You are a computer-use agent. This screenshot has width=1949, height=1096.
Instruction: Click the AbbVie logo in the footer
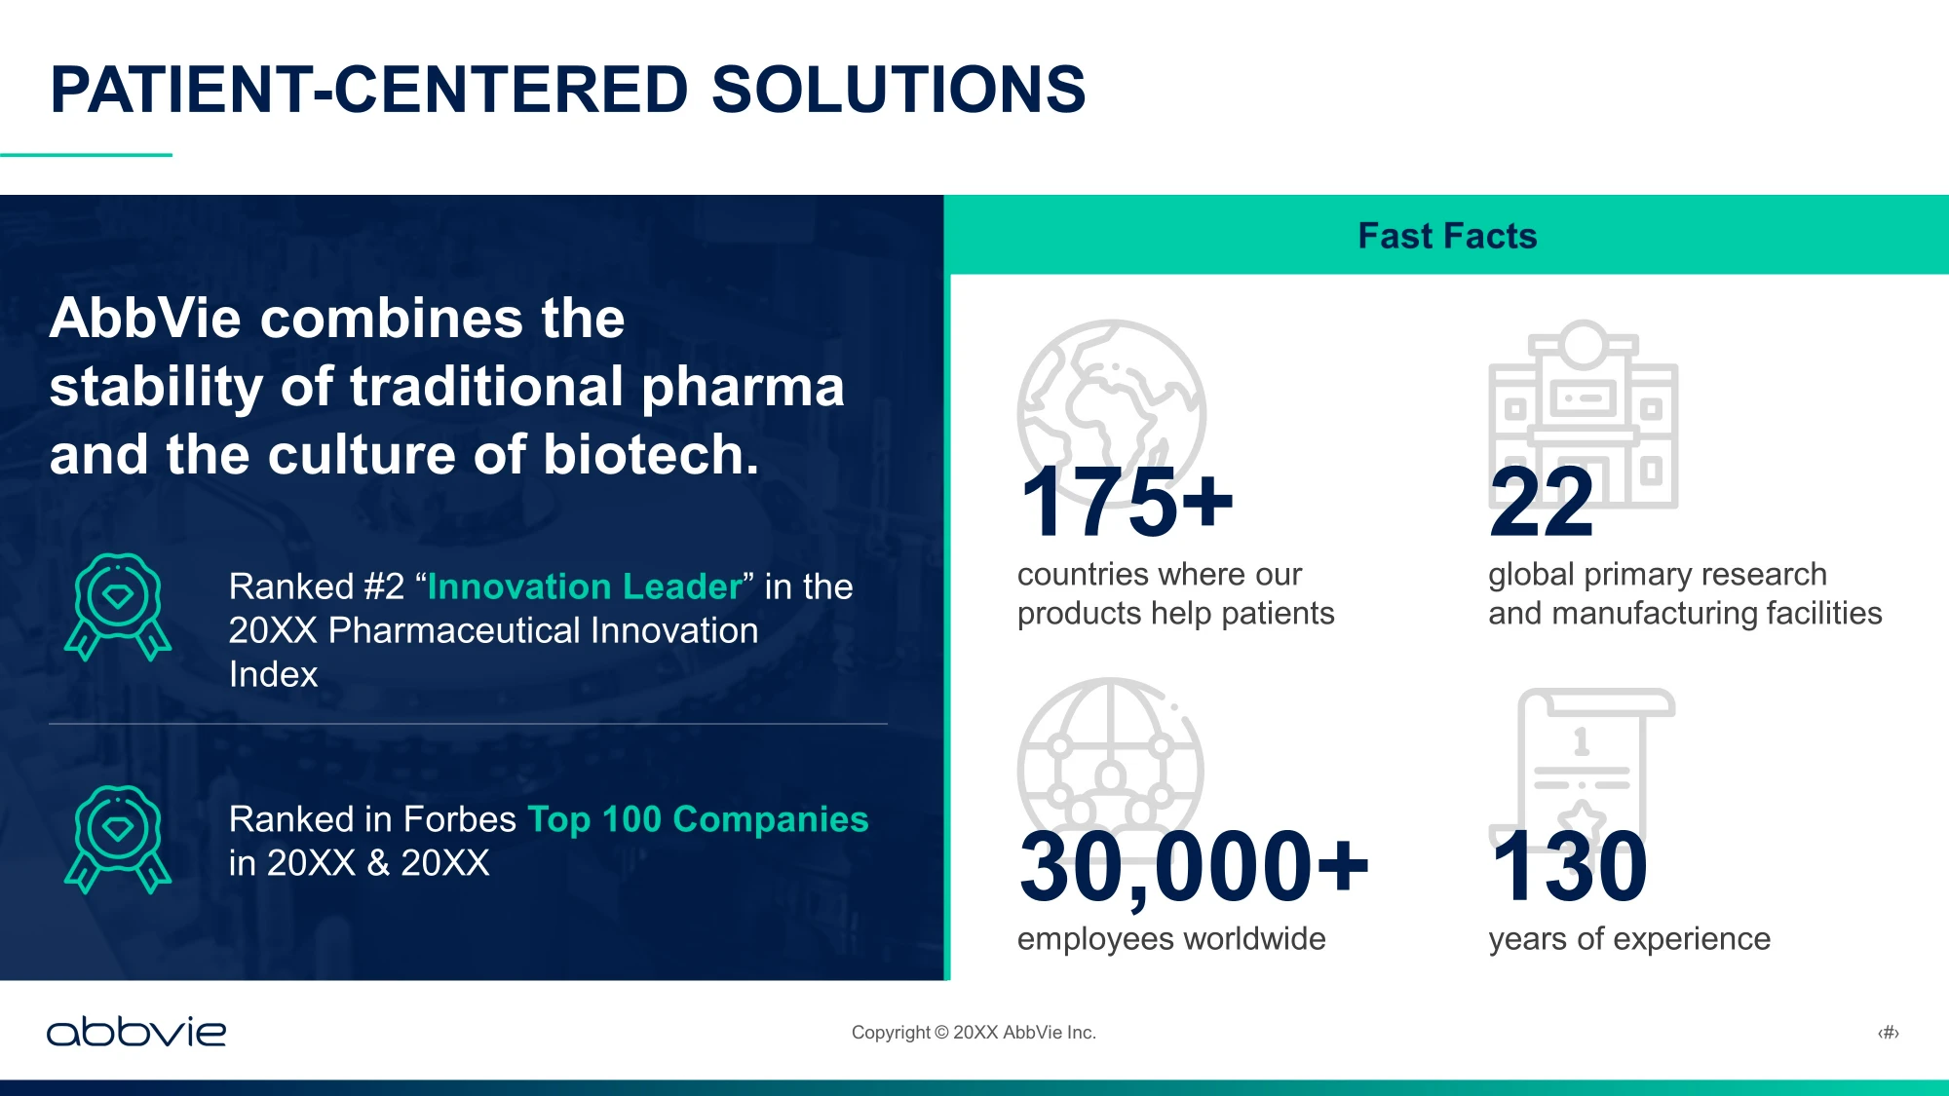coord(136,1032)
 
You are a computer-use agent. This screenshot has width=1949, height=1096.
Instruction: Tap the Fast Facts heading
coord(1447,236)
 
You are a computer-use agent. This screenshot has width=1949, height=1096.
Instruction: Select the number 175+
coord(1127,502)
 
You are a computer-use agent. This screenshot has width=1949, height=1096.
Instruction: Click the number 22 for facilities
coord(1542,502)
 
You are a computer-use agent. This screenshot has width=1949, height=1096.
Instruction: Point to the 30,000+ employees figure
coord(1194,866)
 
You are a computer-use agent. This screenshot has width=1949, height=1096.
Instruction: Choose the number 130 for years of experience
coord(1569,866)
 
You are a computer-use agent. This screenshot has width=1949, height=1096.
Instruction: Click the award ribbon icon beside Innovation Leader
coord(118,607)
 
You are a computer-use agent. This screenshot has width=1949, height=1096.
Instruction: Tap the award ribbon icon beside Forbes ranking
coord(118,839)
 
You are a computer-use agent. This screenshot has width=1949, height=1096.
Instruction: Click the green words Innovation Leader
coord(585,586)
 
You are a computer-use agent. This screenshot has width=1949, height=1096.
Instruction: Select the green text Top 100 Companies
coord(698,819)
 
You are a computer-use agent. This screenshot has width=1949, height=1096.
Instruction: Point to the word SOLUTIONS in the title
coord(898,90)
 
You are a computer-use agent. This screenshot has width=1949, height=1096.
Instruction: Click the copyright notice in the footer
coord(974,1033)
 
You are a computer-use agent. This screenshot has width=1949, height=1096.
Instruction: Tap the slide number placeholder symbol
coord(1889,1033)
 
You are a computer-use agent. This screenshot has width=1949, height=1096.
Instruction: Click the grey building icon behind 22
coord(1584,414)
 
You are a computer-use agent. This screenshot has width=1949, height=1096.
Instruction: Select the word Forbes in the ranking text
coord(459,819)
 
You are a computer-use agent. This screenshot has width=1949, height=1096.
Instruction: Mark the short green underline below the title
coord(86,154)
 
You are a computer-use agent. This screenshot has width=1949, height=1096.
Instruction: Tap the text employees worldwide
coord(1171,939)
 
